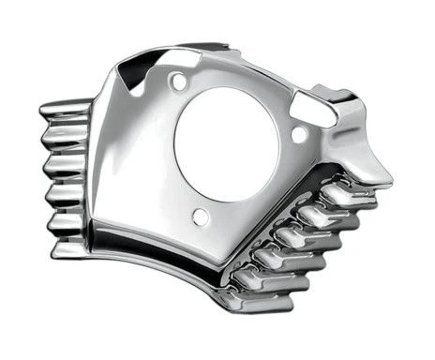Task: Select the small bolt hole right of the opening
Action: [299, 134]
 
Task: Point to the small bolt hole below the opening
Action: [200, 217]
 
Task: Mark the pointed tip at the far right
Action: [387, 178]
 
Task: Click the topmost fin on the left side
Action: [67, 110]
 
